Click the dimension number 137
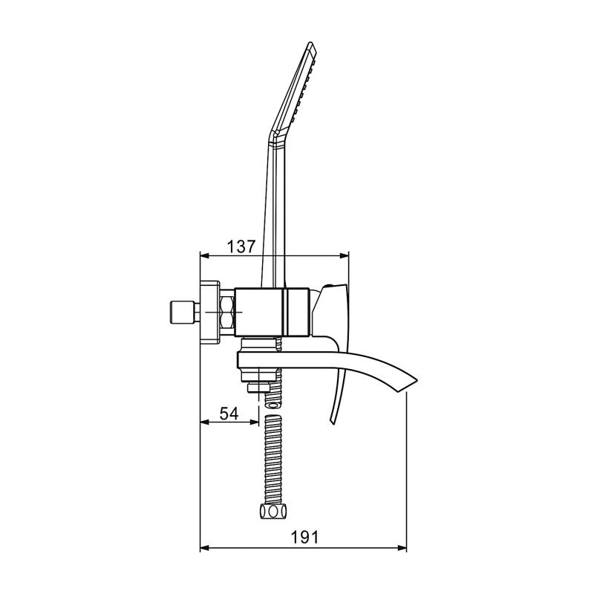pyautogui.click(x=241, y=246)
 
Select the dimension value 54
pyautogui.click(x=229, y=414)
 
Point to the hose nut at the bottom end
pyautogui.click(x=272, y=512)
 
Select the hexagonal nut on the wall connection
pyautogui.click(x=227, y=313)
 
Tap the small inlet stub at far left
pyautogui.click(x=180, y=313)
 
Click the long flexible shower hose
pyautogui.click(x=272, y=460)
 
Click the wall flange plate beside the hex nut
pyautogui.click(x=210, y=313)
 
